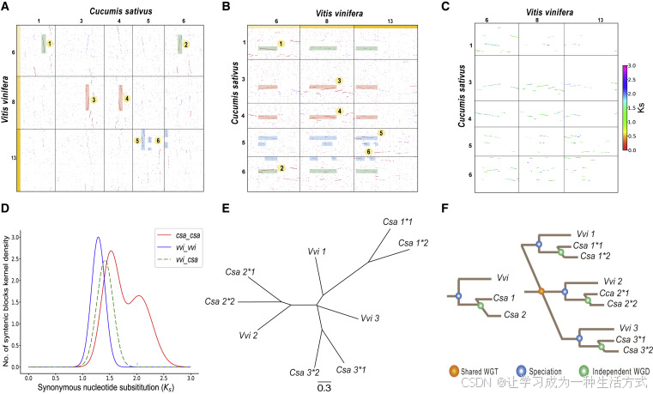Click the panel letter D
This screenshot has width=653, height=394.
(7, 209)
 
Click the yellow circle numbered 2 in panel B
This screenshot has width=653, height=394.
(281, 170)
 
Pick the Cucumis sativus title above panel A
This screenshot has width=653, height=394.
(106, 7)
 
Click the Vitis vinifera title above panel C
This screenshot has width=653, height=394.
(535, 7)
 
